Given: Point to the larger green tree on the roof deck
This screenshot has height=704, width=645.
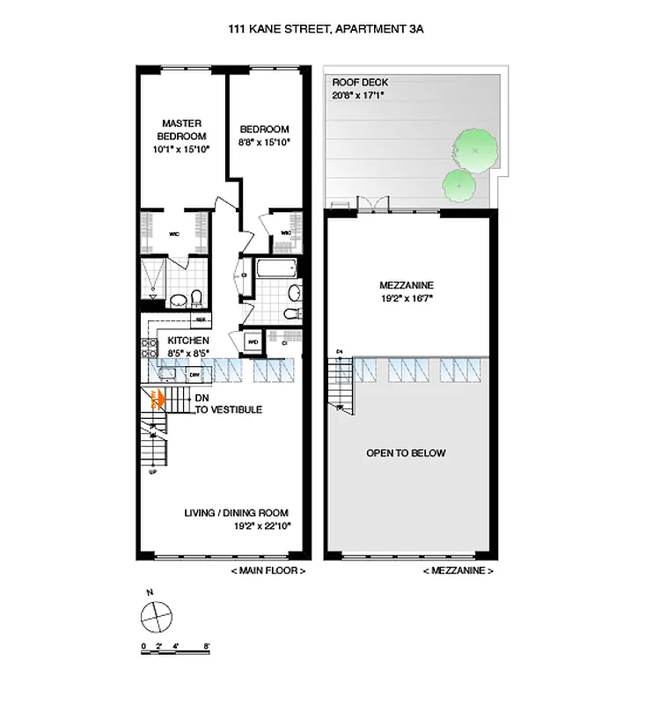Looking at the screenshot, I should [x=474, y=151].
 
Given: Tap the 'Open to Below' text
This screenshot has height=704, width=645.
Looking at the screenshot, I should [x=406, y=453].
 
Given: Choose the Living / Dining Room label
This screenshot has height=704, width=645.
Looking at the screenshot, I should [x=236, y=513].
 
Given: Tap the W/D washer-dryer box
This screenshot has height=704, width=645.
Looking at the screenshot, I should [x=252, y=342].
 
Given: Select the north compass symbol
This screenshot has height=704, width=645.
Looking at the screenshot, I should [x=158, y=615].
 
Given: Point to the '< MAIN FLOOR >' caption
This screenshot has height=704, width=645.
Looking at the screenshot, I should [x=268, y=571].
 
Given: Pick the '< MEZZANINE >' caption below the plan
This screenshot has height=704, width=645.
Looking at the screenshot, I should [x=458, y=571].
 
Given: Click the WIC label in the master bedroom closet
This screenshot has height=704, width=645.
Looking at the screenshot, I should [x=174, y=235].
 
